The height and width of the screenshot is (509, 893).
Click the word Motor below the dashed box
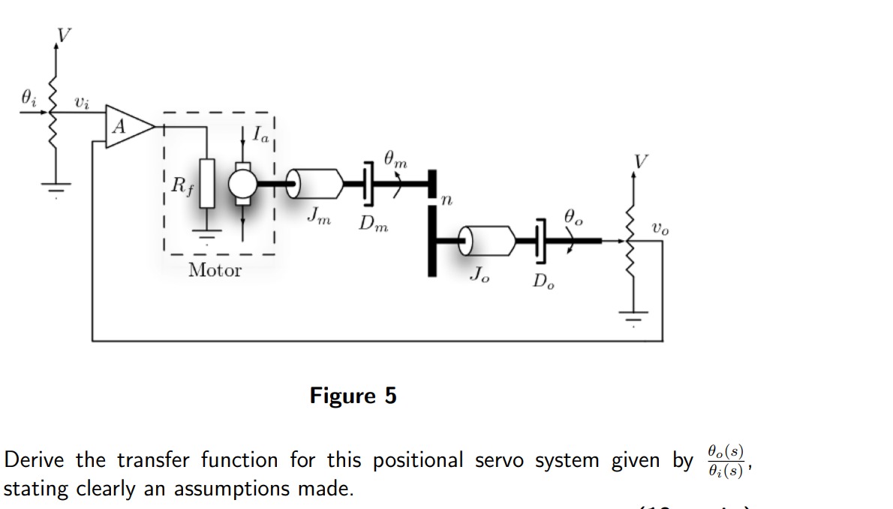(215, 270)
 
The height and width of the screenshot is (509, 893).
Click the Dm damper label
(373, 223)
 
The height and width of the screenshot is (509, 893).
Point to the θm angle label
(396, 158)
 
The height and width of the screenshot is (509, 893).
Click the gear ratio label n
(447, 200)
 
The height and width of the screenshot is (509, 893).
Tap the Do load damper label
(544, 282)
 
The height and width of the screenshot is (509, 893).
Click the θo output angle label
(573, 218)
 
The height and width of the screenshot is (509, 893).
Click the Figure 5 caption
(353, 395)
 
